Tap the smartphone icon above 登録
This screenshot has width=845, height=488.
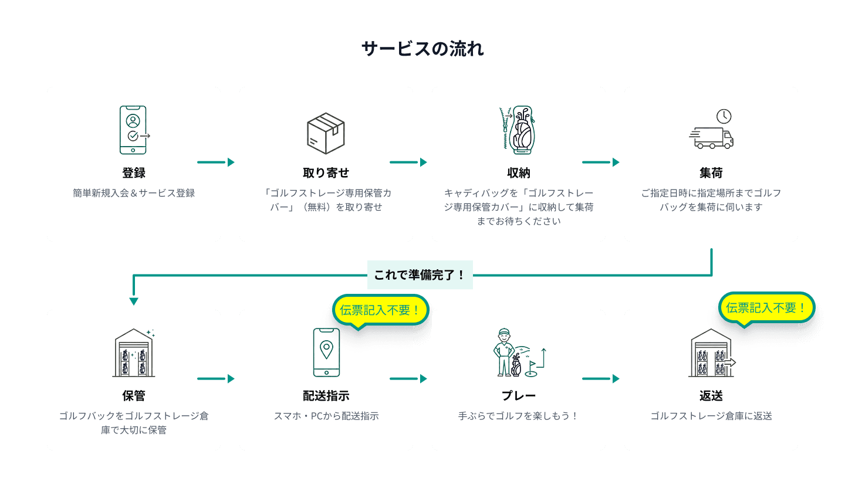(133, 130)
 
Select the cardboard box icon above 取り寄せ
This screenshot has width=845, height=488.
(326, 133)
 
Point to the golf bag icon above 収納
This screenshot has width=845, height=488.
(520, 130)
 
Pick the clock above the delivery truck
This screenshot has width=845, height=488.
(724, 116)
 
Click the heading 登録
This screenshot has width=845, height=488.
(134, 173)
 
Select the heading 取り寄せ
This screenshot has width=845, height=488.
(326, 173)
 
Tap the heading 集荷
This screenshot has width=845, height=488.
(711, 173)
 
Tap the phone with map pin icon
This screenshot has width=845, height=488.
(326, 352)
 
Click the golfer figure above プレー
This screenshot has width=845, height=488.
(503, 352)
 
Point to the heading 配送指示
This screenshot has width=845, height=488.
(326, 396)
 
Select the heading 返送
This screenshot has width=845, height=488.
(711, 396)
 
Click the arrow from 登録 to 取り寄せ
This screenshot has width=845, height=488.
(215, 162)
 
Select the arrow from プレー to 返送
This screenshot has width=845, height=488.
(600, 379)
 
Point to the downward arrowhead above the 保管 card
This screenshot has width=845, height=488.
(134, 301)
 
